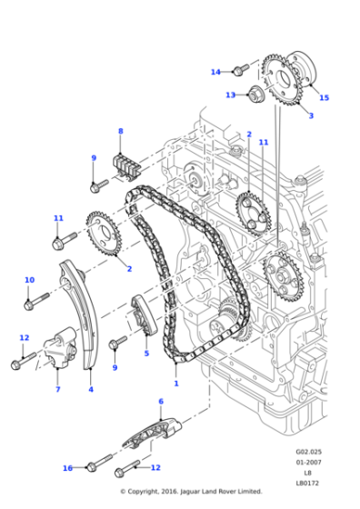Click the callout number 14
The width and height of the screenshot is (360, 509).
215,72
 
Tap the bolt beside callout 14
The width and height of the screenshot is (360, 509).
239,69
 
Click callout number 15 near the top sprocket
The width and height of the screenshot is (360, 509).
324,97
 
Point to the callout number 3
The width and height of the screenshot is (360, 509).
310,115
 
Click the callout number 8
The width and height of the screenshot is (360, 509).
119,132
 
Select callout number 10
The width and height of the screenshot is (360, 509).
29,280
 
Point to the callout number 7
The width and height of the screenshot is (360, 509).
56,389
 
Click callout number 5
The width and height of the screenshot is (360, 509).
146,354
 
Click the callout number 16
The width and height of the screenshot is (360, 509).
67,468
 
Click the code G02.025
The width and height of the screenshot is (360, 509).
308,451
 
